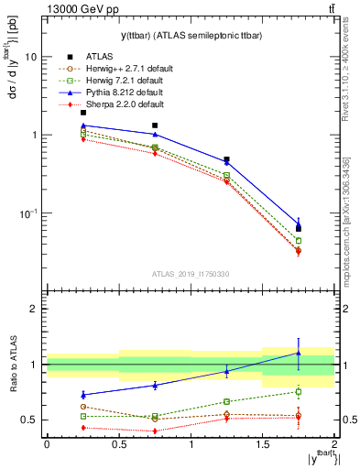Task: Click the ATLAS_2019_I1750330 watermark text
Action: coord(190,274)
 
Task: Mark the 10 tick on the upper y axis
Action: coord(33,57)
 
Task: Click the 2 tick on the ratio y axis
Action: coord(35,310)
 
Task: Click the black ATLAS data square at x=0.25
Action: coord(82,112)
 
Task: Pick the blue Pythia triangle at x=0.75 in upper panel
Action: coord(155,134)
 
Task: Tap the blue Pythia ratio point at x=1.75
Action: coord(299,353)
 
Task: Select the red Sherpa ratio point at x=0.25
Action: coord(82,427)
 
